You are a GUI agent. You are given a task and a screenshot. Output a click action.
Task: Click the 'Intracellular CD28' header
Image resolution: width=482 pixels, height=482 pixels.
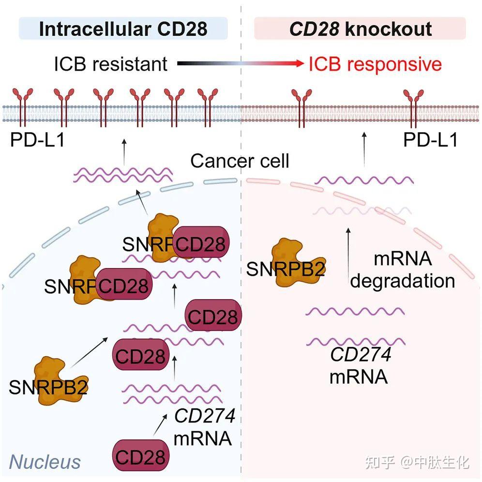tap(123, 29)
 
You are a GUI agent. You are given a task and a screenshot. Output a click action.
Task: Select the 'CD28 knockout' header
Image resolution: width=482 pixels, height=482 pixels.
tap(360, 29)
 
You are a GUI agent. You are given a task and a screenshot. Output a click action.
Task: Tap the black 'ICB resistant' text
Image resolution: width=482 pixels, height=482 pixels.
tap(111, 64)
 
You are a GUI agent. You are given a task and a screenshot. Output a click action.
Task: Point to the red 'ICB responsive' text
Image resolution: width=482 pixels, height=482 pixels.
tap(375, 64)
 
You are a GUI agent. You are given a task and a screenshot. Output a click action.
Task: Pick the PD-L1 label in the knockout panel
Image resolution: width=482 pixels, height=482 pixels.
tap(430, 140)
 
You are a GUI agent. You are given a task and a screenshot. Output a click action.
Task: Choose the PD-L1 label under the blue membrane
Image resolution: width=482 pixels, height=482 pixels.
tap(37, 140)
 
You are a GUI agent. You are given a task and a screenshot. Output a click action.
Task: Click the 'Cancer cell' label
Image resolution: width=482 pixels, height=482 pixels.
tap(240, 161)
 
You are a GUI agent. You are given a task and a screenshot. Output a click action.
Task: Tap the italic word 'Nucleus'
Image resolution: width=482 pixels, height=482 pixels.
tap(45, 462)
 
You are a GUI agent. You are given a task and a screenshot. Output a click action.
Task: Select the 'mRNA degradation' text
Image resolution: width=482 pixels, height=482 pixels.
tap(403, 270)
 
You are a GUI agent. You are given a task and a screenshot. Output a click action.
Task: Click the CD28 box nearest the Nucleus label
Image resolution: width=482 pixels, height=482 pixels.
tap(140, 455)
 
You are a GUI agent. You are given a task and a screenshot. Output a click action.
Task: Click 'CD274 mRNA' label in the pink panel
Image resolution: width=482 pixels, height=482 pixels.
tap(360, 365)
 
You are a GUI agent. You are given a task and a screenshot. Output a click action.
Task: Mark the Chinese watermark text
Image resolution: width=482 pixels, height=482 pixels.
tap(417, 462)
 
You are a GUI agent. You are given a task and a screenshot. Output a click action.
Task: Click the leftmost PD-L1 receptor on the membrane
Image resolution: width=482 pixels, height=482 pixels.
tap(22, 107)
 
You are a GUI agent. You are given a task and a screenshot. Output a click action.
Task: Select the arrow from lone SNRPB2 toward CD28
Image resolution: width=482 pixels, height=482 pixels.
tap(90, 352)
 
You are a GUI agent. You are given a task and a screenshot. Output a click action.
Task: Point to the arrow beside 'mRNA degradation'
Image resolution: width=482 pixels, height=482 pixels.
tap(348, 253)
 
